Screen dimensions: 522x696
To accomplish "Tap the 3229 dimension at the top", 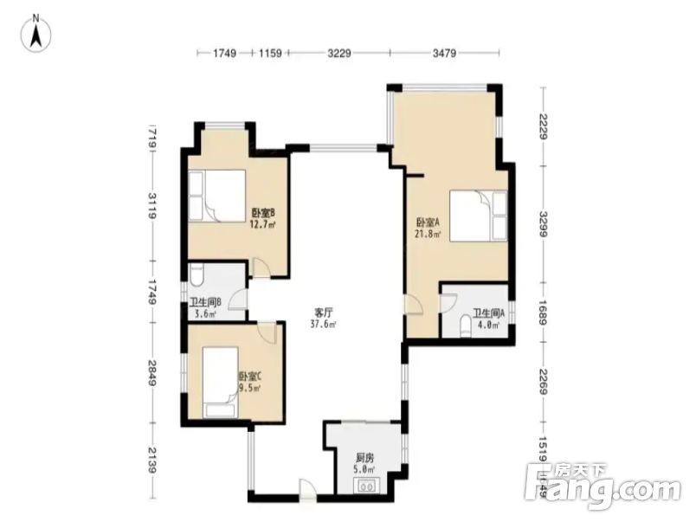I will coord(338,54).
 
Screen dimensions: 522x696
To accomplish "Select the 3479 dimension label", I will coord(443,54).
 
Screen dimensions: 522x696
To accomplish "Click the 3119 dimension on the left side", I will coord(151,207).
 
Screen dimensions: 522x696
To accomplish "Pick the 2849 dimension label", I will coord(151,375).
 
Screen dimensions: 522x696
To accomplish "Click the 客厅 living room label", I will coord(325,319).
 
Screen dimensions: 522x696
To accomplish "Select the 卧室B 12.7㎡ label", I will coord(262,218).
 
